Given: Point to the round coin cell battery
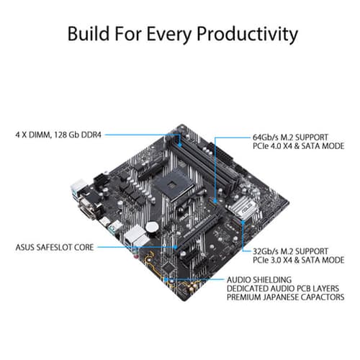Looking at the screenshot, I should click(152, 226).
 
